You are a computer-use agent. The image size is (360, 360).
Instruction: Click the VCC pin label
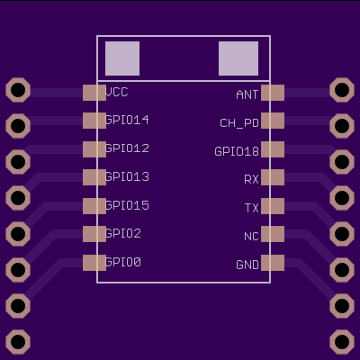pyautogui.click(x=117, y=92)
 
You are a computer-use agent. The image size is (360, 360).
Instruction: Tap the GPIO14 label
pyautogui.click(x=127, y=120)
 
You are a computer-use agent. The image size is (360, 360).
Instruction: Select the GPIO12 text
pyautogui.click(x=127, y=148)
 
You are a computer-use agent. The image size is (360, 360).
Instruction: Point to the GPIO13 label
pyautogui.click(x=127, y=176)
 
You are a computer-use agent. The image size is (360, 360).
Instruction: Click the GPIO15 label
pyautogui.click(x=127, y=205)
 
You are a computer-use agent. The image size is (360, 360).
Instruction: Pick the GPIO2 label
pyautogui.click(x=123, y=233)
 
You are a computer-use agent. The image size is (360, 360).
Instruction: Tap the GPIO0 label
pyautogui.click(x=123, y=262)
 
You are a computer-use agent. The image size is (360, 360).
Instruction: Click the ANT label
pyautogui.click(x=247, y=94)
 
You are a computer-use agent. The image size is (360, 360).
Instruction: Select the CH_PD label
pyautogui.click(x=239, y=123)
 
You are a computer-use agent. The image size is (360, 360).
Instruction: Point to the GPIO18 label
pyautogui.click(x=237, y=151)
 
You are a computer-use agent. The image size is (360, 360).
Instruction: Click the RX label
pyautogui.click(x=251, y=179)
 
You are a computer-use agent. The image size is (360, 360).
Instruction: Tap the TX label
pyautogui.click(x=251, y=208)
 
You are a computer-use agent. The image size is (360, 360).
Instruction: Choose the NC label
pyautogui.click(x=251, y=237)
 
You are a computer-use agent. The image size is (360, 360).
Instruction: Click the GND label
pyautogui.click(x=247, y=265)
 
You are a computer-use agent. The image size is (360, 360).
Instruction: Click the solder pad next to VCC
pyautogui.click(x=94, y=93)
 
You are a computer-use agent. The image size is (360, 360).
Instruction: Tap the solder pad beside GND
pyautogui.click(x=273, y=263)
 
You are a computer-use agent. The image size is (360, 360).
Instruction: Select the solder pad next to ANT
pyautogui.click(x=273, y=93)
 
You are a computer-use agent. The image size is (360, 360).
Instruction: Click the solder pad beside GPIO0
pyautogui.click(x=94, y=263)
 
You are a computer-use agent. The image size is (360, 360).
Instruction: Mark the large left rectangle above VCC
pyautogui.click(x=122, y=58)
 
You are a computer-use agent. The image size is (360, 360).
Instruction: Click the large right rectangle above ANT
pyautogui.click(x=238, y=58)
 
